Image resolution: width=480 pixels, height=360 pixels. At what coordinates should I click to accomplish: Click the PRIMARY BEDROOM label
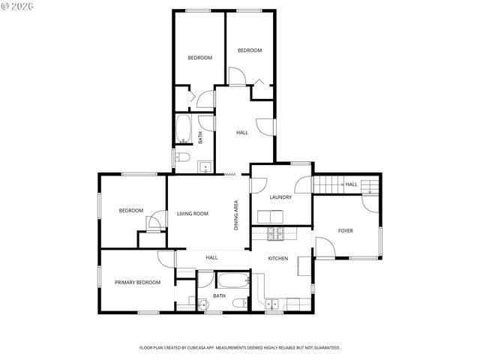pos(137,282)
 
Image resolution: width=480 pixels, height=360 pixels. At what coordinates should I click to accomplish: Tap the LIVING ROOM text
pos(192,214)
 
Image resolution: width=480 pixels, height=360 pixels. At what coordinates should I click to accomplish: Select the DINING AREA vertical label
pos(236,214)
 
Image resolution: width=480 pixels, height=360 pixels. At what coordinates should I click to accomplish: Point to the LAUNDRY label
pos(280,197)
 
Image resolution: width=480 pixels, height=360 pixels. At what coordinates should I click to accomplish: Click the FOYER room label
pos(345,230)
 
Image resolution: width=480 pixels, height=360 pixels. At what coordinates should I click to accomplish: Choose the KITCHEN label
pos(278,258)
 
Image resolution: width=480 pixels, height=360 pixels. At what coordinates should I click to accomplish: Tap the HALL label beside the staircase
pos(351,184)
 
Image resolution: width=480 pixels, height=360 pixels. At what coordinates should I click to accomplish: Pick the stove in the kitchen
pos(276,233)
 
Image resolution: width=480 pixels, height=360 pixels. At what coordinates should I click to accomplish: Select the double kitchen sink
pos(274,304)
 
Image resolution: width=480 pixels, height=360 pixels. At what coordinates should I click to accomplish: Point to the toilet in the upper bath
pos(181,156)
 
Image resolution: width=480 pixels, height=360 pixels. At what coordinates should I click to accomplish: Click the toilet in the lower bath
pos(239,303)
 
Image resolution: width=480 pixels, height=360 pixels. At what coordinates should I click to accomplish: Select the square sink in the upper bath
pos(204,166)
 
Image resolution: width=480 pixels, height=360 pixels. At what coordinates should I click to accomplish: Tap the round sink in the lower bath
pos(202,304)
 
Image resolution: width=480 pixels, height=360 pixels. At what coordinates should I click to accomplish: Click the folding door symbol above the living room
pos(230,174)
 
